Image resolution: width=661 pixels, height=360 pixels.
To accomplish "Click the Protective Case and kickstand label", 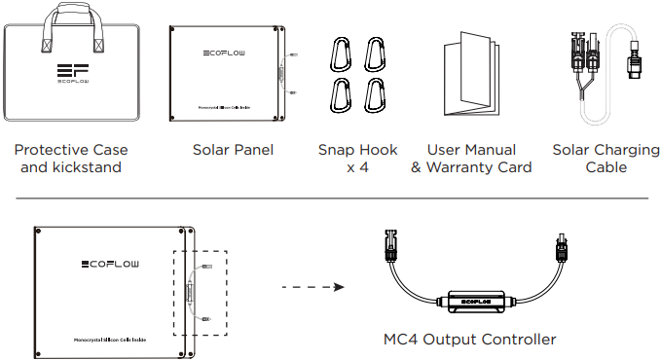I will coord(71,159).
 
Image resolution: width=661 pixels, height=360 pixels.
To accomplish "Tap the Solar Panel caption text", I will coord(233,150).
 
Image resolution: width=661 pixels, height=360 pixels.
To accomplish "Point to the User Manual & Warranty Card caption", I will coord(471,159).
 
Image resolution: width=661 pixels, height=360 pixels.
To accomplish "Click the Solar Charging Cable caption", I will coord(606,159).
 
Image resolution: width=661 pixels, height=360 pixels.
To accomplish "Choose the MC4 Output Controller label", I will coord(470,340).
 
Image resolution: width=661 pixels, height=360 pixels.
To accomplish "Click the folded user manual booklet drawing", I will coord(471,78).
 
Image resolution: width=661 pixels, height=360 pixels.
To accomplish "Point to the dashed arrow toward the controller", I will coord(312,288).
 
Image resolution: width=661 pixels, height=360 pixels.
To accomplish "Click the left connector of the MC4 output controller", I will coord(391,246).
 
